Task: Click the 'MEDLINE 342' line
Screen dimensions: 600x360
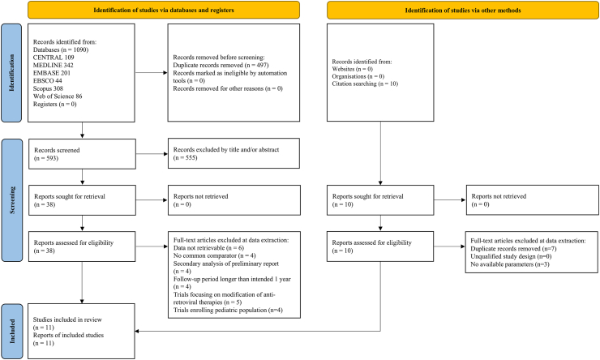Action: [54, 65]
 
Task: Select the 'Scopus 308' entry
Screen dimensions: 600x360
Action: [48, 88]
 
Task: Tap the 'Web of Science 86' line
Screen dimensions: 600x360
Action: [58, 96]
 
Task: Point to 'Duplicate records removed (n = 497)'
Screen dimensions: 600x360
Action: [221, 65]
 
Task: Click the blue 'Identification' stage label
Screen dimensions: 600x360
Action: [11, 73]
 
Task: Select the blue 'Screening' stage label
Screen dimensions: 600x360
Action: [11, 200]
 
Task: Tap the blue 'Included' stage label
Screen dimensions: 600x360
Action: [11, 332]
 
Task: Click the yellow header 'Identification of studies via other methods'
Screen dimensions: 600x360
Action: [463, 11]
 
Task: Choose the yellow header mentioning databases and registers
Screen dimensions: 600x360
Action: [164, 11]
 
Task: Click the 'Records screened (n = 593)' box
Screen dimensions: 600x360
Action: [82, 154]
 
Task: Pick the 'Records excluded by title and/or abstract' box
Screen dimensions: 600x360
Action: [234, 153]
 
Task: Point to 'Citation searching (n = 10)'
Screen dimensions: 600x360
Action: [365, 84]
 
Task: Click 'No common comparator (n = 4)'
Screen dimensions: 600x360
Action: [215, 255]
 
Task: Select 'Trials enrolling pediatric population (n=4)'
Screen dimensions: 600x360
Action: [228, 310]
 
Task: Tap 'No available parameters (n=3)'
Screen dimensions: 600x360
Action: [510, 264]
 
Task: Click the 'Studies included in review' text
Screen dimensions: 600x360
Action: [67, 319]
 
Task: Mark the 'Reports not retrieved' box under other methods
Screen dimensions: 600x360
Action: [532, 200]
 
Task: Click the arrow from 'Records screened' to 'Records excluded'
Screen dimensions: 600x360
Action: [152, 154]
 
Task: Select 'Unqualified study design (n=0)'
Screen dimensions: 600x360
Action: [512, 256]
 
